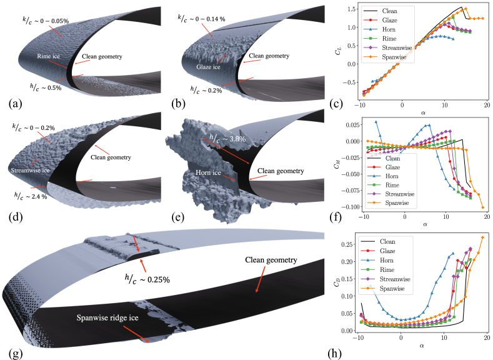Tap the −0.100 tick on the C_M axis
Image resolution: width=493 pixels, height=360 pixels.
click(345, 207)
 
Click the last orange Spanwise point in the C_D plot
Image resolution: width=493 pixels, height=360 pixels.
click(482, 237)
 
